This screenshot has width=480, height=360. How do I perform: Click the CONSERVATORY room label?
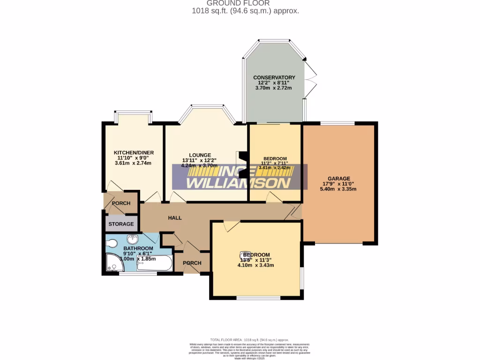pyautogui.click(x=274, y=77)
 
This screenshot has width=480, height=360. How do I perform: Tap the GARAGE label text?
pyautogui.click(x=339, y=179)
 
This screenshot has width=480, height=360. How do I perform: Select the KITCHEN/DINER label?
pyautogui.click(x=134, y=153)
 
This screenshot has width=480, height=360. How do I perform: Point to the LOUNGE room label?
pyautogui.click(x=200, y=155)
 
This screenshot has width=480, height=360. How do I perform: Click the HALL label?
pyautogui.click(x=175, y=218)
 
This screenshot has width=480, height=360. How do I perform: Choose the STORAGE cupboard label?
pyautogui.click(x=121, y=225)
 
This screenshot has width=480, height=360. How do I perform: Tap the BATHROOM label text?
pyautogui.click(x=138, y=248)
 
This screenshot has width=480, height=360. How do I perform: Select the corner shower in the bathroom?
pyautogui.click(x=114, y=263)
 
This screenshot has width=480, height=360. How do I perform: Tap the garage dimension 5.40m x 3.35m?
pyautogui.click(x=338, y=189)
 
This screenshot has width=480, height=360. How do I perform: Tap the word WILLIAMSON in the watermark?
pyautogui.click(x=239, y=183)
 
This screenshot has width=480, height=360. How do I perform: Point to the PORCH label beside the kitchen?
pyautogui.click(x=120, y=203)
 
